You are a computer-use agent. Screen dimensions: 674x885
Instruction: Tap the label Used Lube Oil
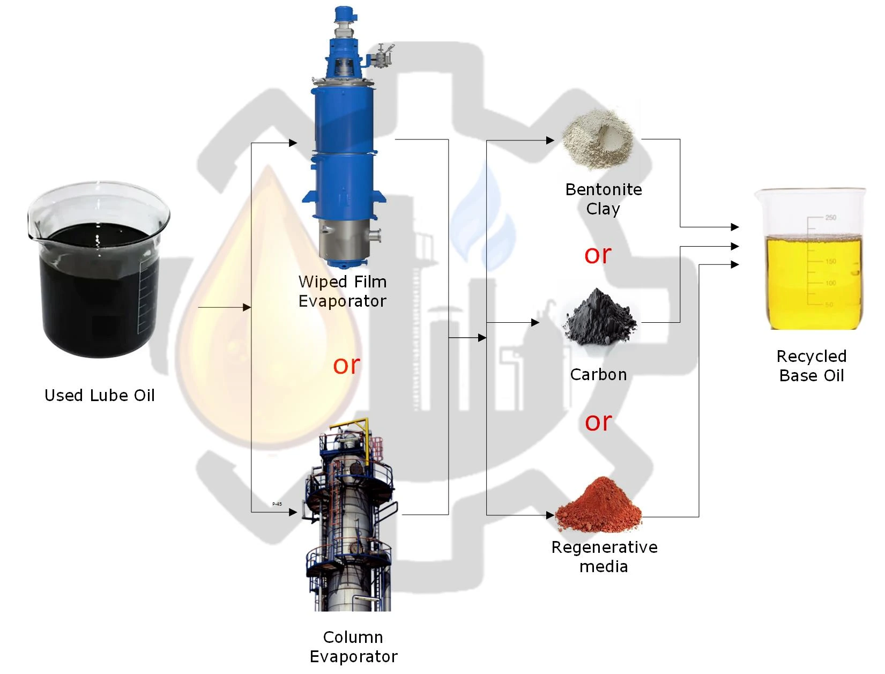click(x=100, y=396)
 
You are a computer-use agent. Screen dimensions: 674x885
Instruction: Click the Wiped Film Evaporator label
click(x=343, y=291)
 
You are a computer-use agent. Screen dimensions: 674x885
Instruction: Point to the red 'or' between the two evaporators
click(x=346, y=365)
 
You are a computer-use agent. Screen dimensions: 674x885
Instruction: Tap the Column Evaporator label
click(x=353, y=647)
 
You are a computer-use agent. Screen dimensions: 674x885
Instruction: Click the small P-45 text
click(x=277, y=504)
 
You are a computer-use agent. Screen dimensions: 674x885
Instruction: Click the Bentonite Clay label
click(x=604, y=199)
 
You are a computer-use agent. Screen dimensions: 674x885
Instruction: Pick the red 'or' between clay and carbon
click(x=598, y=254)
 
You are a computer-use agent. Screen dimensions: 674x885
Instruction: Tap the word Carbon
click(x=598, y=374)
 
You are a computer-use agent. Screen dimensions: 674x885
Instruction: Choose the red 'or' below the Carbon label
click(x=598, y=422)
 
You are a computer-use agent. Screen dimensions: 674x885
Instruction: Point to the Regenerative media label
click(x=604, y=557)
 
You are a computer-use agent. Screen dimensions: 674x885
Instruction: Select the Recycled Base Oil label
click(x=812, y=366)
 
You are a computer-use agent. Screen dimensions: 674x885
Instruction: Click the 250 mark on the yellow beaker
click(x=830, y=217)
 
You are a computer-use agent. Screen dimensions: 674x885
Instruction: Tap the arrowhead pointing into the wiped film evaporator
click(x=293, y=143)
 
